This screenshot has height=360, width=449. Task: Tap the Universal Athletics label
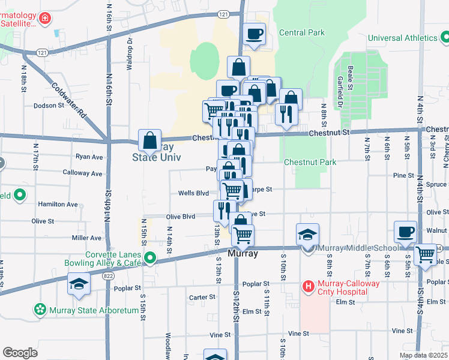point(403,38)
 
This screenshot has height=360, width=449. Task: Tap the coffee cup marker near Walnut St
point(405,232)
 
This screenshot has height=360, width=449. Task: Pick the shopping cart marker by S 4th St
point(426,254)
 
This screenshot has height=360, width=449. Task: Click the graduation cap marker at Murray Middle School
point(307,235)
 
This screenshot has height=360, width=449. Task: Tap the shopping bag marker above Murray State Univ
point(149,140)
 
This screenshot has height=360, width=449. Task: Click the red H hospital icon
point(309,286)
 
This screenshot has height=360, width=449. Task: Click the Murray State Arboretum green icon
point(40,309)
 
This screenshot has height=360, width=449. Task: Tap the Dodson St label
point(49,105)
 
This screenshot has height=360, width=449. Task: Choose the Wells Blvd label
point(193,193)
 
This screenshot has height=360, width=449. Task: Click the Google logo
point(20,353)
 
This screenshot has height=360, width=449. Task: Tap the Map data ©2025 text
point(423,355)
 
